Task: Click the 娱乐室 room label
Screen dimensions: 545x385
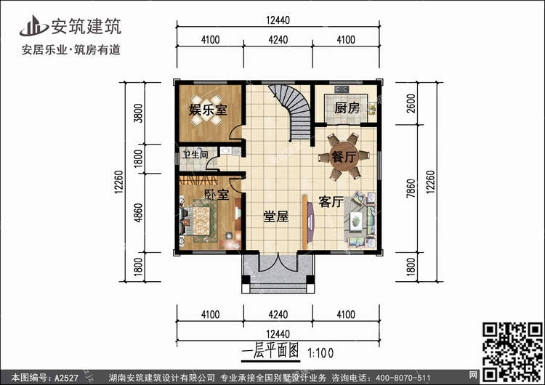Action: point(208,110)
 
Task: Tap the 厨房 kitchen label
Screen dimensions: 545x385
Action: point(347,108)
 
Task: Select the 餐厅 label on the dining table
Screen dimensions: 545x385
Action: point(344,157)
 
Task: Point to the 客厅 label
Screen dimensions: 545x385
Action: point(331,201)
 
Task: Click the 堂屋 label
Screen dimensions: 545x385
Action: point(275,216)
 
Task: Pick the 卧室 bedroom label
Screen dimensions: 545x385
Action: point(217,194)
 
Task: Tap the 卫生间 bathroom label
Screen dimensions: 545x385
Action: point(195,155)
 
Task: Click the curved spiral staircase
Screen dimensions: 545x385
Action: point(293,111)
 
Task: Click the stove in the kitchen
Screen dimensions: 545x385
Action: point(342,89)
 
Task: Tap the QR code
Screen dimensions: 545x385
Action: point(512,352)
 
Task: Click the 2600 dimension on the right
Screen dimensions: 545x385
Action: point(411,103)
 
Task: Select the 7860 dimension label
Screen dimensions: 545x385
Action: point(411,188)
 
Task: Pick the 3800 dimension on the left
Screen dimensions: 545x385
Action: point(138,113)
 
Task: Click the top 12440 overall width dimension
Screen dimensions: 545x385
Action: point(278,20)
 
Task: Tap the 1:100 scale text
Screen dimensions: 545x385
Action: point(320,353)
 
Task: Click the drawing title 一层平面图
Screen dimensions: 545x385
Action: point(270,352)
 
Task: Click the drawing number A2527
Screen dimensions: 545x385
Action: point(66,377)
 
